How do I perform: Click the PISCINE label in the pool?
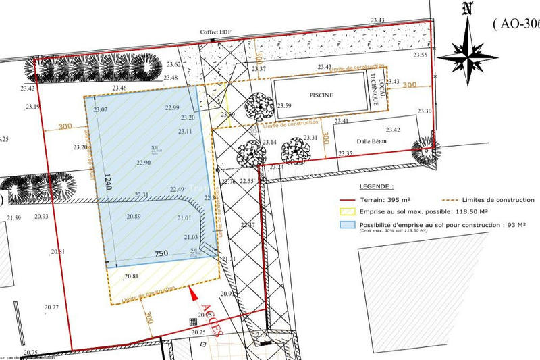click(321, 95)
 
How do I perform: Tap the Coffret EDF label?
click(214, 32)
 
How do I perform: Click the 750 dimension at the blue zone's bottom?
click(161, 253)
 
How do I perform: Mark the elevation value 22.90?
click(143, 163)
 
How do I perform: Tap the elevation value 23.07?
click(101, 109)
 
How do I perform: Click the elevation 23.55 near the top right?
click(421, 55)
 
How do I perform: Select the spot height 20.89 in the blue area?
click(134, 216)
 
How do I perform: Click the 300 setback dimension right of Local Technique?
click(409, 85)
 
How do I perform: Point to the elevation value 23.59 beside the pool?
click(284, 106)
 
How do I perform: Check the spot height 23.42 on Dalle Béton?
click(392, 130)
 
